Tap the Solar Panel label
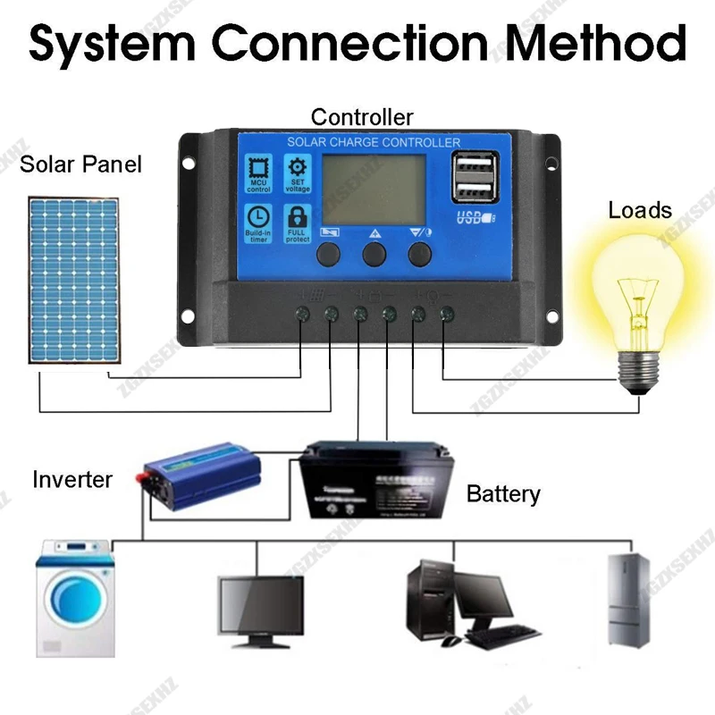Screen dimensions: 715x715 80,164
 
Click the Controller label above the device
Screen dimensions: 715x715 362,117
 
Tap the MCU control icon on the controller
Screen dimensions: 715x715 258,173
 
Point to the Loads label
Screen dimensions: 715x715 640,211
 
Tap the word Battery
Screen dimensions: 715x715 503,494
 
